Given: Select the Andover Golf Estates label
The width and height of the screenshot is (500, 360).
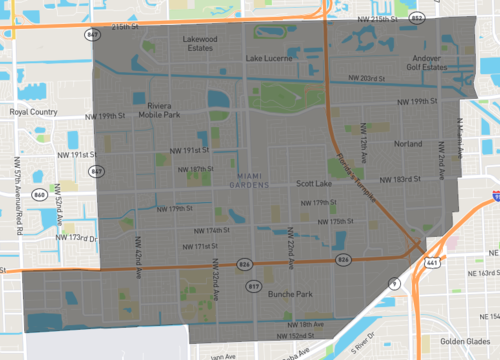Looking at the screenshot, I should pos(426,63).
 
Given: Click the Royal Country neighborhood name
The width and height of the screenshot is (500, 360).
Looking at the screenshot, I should pos(33,112).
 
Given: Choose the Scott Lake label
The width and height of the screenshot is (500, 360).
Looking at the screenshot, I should pos(314,184).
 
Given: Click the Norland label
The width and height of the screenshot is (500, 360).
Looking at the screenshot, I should pos(408,144).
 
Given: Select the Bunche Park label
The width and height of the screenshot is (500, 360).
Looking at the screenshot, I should pos(291,294).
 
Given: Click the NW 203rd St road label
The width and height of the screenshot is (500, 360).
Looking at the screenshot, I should pos(366,79).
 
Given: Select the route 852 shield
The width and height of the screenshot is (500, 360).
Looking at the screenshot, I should pos(416,19).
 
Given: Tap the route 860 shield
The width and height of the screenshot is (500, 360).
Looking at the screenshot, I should pos(40,193).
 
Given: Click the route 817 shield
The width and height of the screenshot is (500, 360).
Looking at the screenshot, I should pos(253,286).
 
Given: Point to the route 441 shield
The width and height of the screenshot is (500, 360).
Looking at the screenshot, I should pos(431,262).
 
